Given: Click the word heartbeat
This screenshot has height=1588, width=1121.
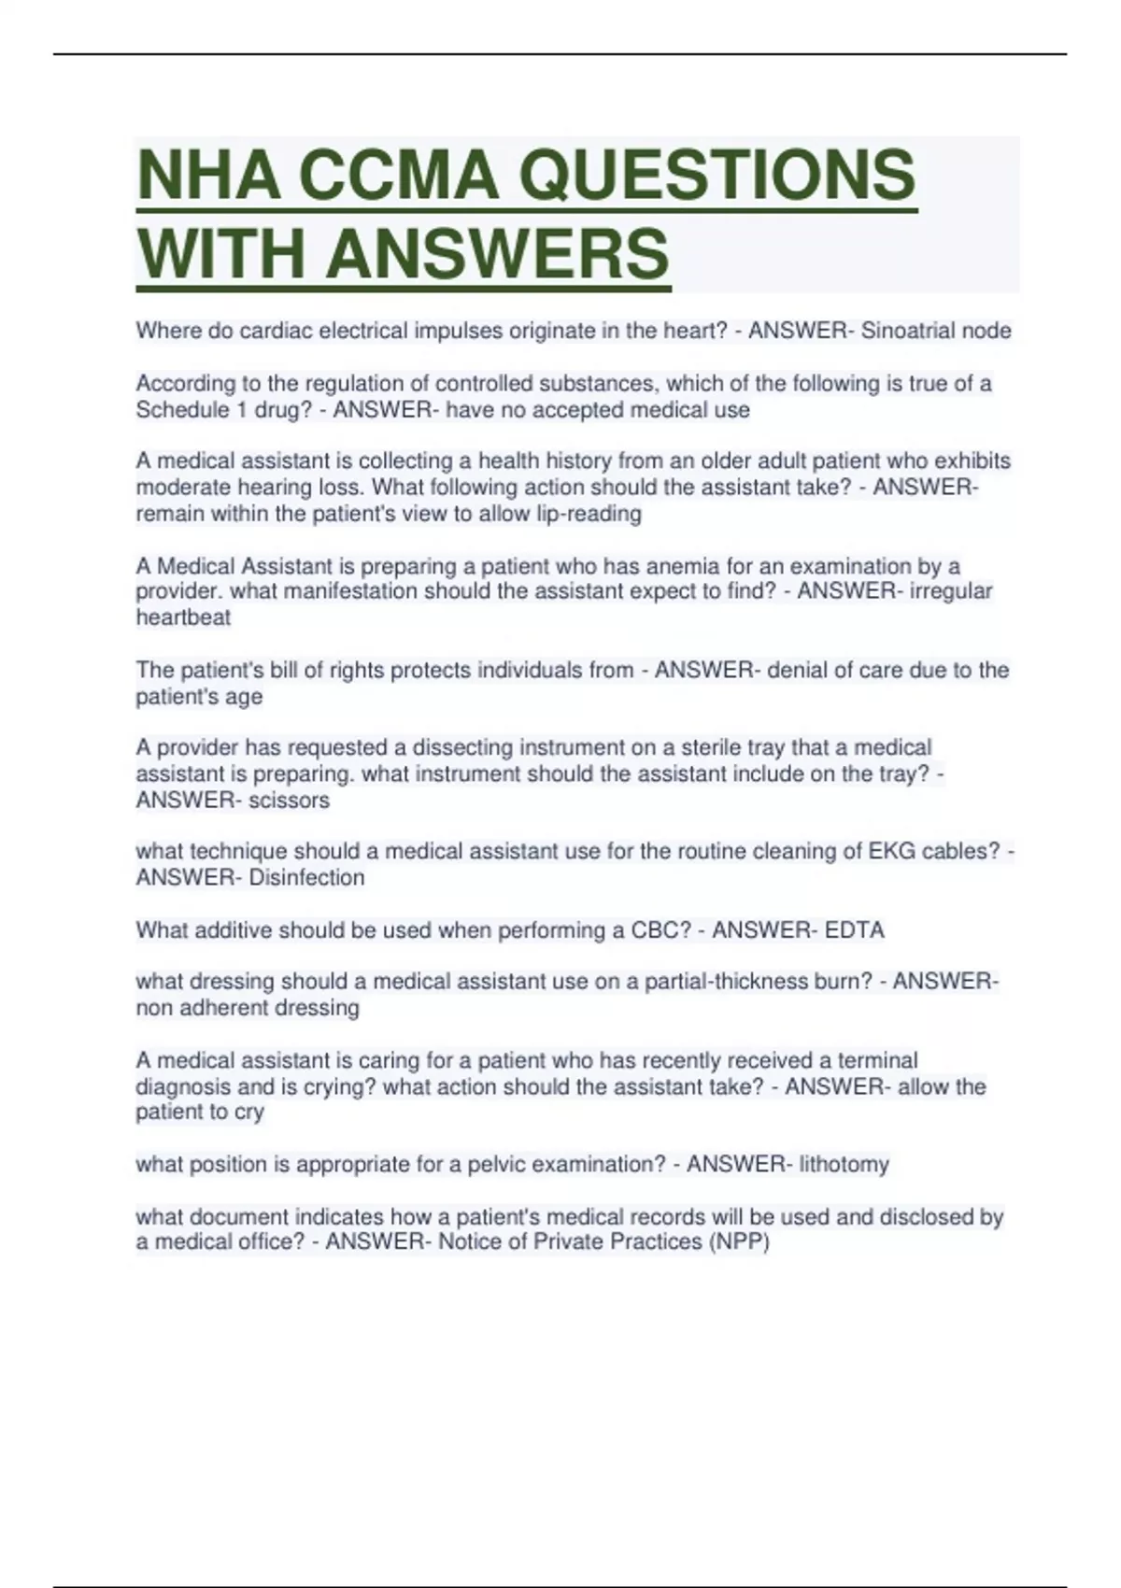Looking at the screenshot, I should point(183,617).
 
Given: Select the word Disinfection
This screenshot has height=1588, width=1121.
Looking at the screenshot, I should point(306,878).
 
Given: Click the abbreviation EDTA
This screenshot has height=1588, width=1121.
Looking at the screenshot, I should point(854,930).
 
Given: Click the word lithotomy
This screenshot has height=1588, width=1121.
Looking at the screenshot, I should point(844,1165).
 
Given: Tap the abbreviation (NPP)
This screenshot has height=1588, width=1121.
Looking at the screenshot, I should point(739,1242).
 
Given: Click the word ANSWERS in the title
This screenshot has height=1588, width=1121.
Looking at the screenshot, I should point(498,253).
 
